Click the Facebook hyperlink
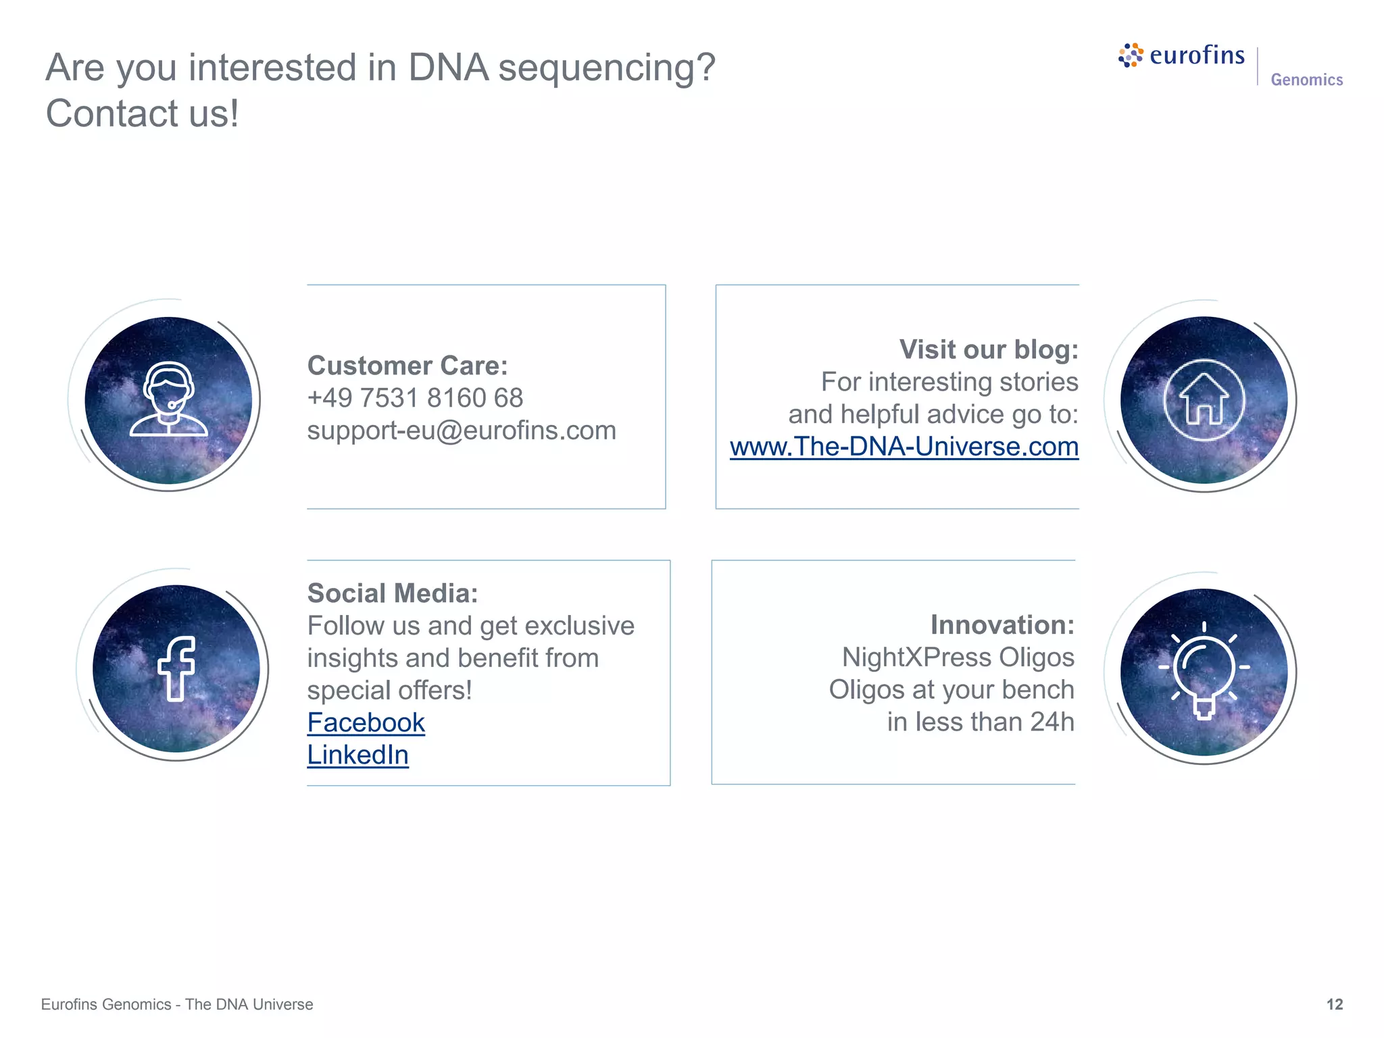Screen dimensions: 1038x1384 tap(366, 723)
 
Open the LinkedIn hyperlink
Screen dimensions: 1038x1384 tap(357, 756)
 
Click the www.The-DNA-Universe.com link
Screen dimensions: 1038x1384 tap(904, 447)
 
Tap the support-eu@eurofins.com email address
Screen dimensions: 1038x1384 tap(462, 431)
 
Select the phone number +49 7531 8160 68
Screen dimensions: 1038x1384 tap(415, 399)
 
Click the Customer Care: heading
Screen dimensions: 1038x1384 tap(407, 366)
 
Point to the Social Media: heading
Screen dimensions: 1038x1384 tap(393, 594)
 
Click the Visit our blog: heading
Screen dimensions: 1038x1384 tap(988, 350)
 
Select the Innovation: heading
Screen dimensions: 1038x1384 tap(1002, 625)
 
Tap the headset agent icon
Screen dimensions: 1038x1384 tap(168, 399)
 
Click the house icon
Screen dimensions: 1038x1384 tap(1204, 401)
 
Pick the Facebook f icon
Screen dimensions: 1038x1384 tap(176, 668)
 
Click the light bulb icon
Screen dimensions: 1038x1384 tap(1204, 670)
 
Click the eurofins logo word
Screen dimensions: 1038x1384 tap(1197, 55)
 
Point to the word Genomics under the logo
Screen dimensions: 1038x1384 tap(1306, 80)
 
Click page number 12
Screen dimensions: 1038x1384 tap(1334, 1004)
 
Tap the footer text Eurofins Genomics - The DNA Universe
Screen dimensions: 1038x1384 tap(177, 1004)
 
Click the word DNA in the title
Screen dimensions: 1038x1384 tap(448, 68)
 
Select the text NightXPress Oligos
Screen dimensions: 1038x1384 tap(958, 658)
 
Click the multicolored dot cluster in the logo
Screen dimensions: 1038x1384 tap(1131, 55)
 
